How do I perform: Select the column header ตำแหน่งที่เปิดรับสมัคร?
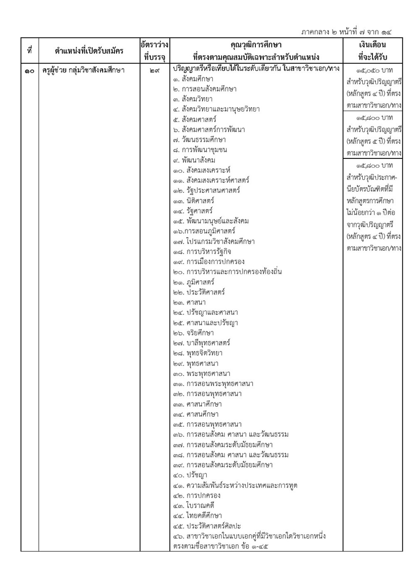tap(89, 51)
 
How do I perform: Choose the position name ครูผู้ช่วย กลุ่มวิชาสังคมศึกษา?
tap(84, 70)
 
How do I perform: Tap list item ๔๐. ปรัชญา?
tap(190, 475)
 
